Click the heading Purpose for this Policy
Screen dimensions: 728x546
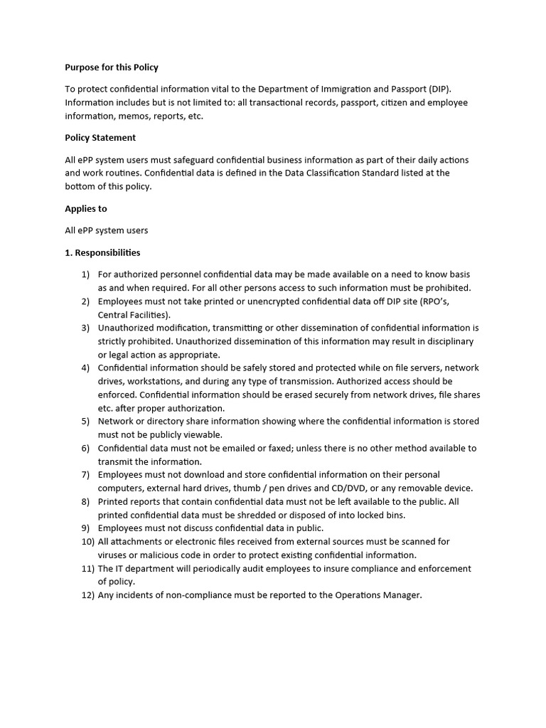point(112,68)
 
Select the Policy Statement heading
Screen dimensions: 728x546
point(100,138)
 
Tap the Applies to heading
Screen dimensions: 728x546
point(86,209)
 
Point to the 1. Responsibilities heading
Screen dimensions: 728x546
point(102,252)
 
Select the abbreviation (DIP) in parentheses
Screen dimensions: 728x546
point(439,89)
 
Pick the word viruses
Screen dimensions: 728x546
point(112,555)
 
